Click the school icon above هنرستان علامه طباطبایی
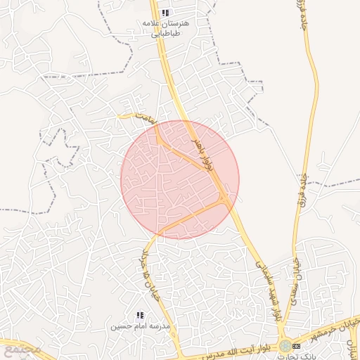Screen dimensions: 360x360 pyautogui.click(x=165, y=13)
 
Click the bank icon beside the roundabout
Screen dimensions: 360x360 pyautogui.click(x=296, y=347)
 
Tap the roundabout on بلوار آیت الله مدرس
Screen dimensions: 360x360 pyautogui.click(x=285, y=347)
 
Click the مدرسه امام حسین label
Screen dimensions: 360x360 pyautogui.click(x=140, y=327)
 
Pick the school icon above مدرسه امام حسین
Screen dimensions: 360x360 pyautogui.click(x=139, y=316)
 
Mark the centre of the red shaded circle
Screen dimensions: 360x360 pyautogui.click(x=180, y=180)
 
